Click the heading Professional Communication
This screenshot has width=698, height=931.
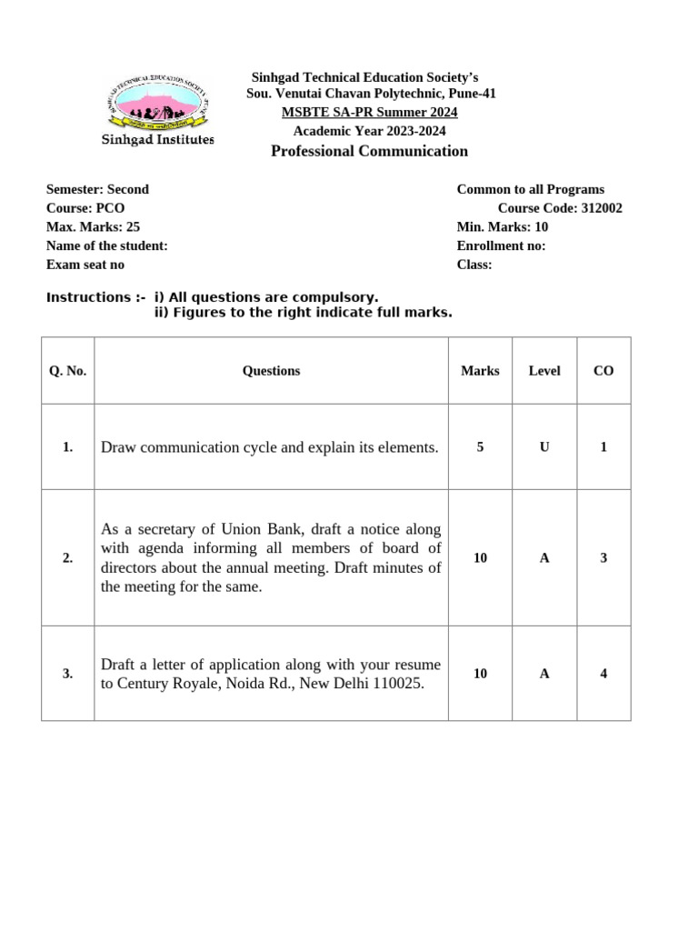point(370,151)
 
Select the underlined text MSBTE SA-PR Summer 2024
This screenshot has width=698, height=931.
point(370,112)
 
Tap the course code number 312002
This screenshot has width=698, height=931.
point(602,208)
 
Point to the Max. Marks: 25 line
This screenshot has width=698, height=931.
point(94,227)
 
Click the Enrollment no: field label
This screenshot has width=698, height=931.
point(501,245)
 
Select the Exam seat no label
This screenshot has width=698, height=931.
point(85,265)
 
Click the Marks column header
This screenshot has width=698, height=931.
point(480,371)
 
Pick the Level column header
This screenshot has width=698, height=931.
point(544,371)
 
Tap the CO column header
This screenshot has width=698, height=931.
point(603,371)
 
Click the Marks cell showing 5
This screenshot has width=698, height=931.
point(480,447)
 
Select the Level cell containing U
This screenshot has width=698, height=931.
point(544,447)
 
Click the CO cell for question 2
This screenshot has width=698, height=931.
point(603,558)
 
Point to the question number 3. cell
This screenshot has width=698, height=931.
point(68,674)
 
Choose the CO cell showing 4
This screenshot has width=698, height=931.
point(603,674)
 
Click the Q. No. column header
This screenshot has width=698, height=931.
point(68,371)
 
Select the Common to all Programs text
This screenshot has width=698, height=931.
point(530,189)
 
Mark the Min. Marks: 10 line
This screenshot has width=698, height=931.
point(503,227)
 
